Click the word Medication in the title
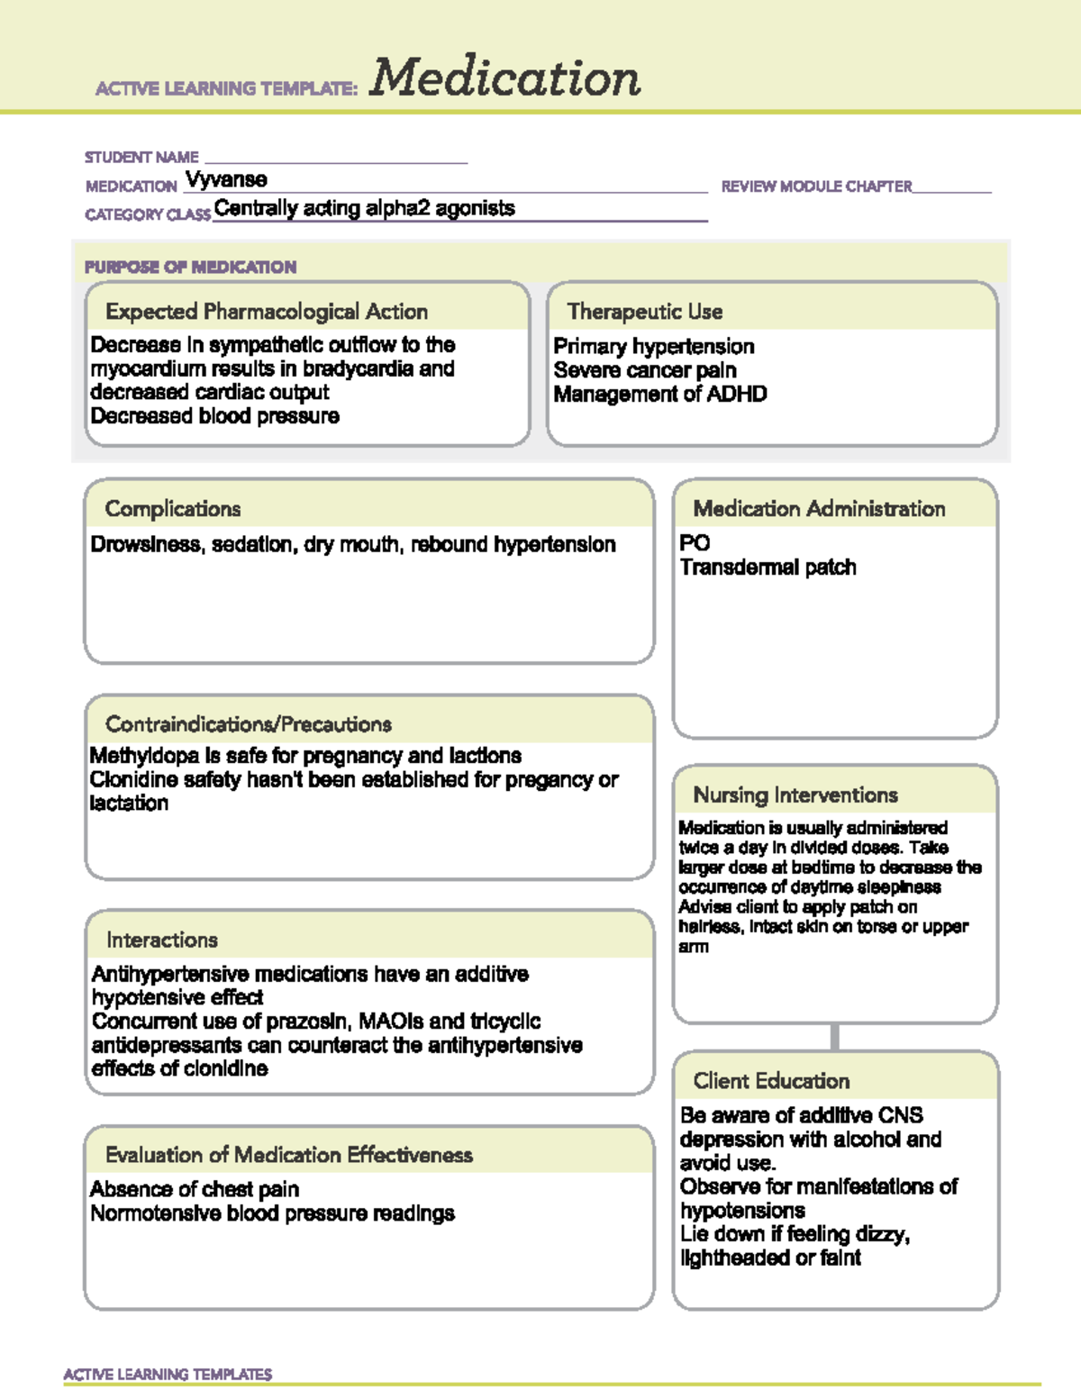click(x=504, y=77)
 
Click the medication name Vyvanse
click(x=226, y=179)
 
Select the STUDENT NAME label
click(x=141, y=157)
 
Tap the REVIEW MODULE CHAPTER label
click(x=816, y=186)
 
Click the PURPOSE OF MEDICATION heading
click(x=190, y=267)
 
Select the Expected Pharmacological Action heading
click(x=267, y=312)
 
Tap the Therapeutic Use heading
click(x=645, y=312)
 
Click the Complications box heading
click(x=173, y=509)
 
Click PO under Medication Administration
click(x=695, y=543)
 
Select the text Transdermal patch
click(x=768, y=568)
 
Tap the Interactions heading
click(x=162, y=940)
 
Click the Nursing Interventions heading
click(x=795, y=795)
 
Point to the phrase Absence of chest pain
click(x=195, y=1189)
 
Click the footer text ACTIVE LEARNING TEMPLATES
click(x=168, y=1375)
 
